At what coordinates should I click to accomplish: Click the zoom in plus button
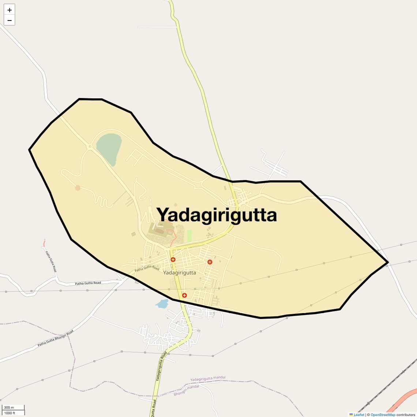(10, 10)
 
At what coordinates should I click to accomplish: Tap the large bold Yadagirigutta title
(217, 215)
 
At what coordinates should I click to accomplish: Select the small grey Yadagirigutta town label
(179, 273)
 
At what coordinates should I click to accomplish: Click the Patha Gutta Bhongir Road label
(56, 339)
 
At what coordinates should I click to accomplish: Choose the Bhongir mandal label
(186, 390)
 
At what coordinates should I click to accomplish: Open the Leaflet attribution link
(358, 414)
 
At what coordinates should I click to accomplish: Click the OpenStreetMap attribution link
(383, 414)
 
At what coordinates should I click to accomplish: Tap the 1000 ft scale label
(10, 413)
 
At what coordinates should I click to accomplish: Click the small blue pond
(162, 303)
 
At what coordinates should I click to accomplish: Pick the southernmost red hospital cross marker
(184, 295)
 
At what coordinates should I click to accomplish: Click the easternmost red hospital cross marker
(210, 262)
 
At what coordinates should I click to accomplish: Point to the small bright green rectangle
(189, 235)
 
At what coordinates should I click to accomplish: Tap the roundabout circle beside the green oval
(89, 147)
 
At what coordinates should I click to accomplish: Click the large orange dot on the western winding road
(78, 188)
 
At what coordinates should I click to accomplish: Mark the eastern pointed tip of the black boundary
(387, 262)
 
